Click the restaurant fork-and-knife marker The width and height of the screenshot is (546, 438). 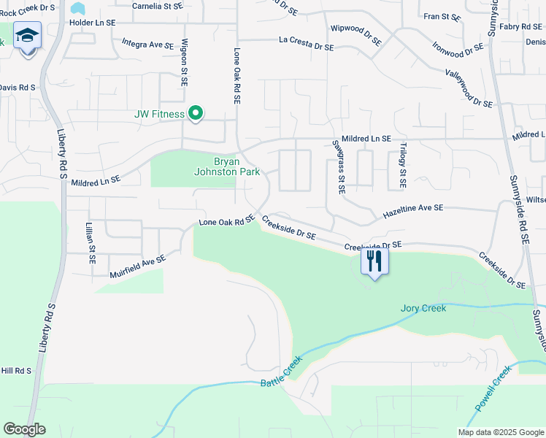coord(375,261)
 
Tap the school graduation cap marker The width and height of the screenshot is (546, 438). coord(27,36)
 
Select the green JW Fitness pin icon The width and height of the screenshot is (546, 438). coord(196,113)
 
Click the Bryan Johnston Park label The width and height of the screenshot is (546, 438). coord(226,166)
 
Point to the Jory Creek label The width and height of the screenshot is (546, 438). coord(423,308)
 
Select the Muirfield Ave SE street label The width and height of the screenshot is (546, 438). coord(138,266)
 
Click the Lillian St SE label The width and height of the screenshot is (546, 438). coord(91,244)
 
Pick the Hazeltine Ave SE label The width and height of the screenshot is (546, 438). coord(413,212)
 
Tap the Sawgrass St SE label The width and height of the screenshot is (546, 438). coord(338,167)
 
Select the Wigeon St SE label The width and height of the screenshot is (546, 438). coord(185,63)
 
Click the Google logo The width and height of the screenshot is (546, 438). coord(24,429)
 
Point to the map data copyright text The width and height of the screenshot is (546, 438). coord(501,432)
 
